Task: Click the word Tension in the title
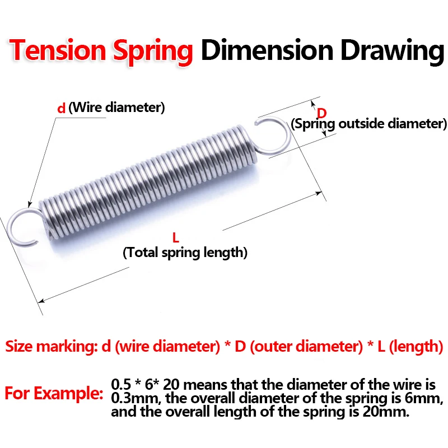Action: (x=59, y=51)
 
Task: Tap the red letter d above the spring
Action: (x=61, y=108)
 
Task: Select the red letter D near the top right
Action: (x=321, y=111)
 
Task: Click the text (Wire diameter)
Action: (x=116, y=107)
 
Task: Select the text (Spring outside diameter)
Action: (x=368, y=123)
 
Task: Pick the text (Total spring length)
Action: (x=185, y=253)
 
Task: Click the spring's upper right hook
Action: (x=274, y=134)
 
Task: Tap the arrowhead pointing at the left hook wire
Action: (x=30, y=204)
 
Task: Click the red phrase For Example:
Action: (x=54, y=393)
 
